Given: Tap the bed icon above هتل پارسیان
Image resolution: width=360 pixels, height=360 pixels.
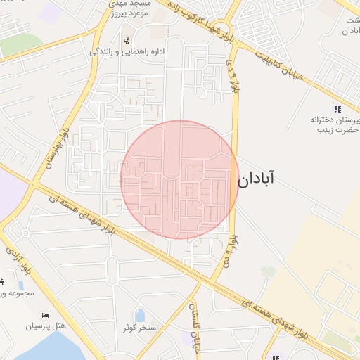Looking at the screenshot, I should pos(46,315).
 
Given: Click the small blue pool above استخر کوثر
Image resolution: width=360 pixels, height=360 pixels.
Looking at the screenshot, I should pos(140,315).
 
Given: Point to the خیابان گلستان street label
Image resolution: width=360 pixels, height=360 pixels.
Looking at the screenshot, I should pos(195,323).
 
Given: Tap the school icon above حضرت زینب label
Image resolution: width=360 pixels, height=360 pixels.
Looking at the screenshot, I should pos(337,109).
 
